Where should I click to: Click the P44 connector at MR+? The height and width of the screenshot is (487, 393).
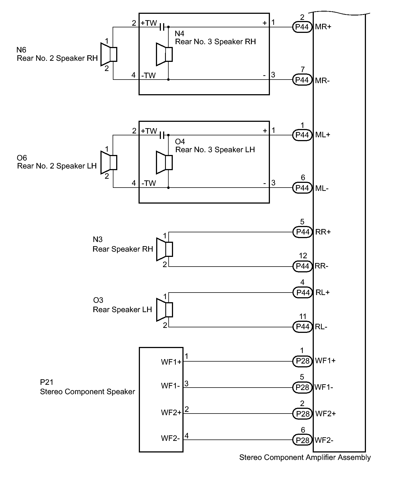(302, 27)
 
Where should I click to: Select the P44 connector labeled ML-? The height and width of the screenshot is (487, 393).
(302, 188)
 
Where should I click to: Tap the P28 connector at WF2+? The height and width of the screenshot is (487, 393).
(302, 414)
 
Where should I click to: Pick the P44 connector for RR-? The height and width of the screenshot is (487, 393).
(302, 266)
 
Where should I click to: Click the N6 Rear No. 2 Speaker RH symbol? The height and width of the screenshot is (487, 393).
(109, 54)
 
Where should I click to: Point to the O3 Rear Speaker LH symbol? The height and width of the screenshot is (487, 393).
(164, 310)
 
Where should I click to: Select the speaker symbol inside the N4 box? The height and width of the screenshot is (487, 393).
(164, 54)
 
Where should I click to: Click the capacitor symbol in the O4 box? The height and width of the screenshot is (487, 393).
(163, 135)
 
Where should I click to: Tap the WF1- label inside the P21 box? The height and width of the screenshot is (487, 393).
(171, 386)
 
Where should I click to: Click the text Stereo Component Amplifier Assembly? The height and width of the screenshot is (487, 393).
(305, 457)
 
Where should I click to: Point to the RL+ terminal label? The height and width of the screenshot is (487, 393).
(323, 293)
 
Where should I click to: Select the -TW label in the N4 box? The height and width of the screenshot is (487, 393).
(149, 75)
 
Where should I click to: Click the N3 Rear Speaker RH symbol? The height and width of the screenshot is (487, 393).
(164, 249)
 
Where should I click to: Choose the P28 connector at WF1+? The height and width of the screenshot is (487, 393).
(302, 361)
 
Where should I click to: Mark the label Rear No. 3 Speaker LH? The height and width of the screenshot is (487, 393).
(215, 150)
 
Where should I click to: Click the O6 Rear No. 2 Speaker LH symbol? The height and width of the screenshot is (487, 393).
(109, 162)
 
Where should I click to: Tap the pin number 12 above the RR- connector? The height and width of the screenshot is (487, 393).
(303, 256)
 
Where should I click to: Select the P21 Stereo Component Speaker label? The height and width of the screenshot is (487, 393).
(87, 387)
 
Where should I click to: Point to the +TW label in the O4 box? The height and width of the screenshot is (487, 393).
(149, 131)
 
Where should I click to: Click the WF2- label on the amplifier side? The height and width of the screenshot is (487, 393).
(324, 440)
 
